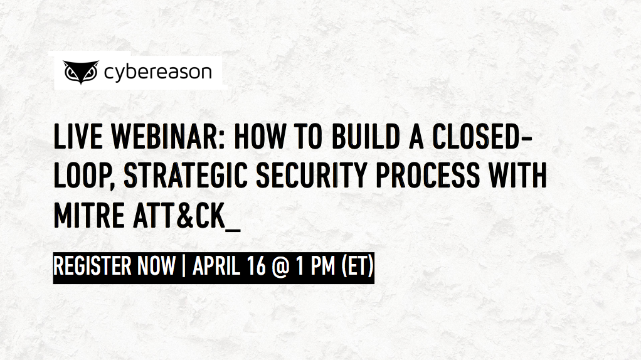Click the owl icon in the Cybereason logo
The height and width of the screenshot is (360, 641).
point(82,73)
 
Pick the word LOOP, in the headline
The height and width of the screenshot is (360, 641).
point(84,177)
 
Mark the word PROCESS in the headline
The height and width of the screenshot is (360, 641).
point(427,177)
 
